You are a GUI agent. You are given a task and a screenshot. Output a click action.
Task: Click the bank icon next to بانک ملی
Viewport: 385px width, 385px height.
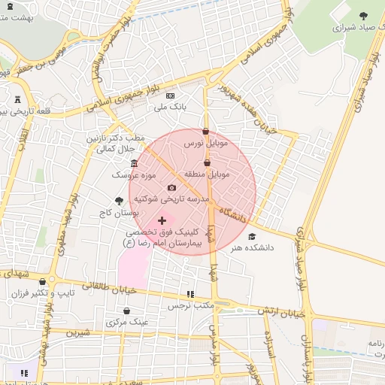170,95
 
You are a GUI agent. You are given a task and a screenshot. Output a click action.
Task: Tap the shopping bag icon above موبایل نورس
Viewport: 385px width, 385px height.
205,132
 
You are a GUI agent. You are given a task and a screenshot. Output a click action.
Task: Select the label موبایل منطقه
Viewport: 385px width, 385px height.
211,174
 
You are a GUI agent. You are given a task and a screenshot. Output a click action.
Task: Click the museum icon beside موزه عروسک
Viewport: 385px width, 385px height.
134,164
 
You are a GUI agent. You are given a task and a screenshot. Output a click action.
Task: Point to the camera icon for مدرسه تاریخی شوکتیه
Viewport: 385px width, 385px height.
171,187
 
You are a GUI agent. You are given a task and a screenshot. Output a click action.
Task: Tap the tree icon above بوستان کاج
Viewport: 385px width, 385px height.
119,200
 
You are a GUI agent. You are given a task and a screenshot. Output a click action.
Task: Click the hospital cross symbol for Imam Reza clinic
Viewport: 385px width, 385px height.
162,220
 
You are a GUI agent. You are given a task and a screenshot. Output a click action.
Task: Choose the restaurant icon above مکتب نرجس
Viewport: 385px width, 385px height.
190,294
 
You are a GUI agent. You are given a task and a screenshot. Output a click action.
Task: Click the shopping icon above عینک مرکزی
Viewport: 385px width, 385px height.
126,311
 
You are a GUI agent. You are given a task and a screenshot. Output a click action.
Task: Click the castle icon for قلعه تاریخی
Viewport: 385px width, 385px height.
18,99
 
